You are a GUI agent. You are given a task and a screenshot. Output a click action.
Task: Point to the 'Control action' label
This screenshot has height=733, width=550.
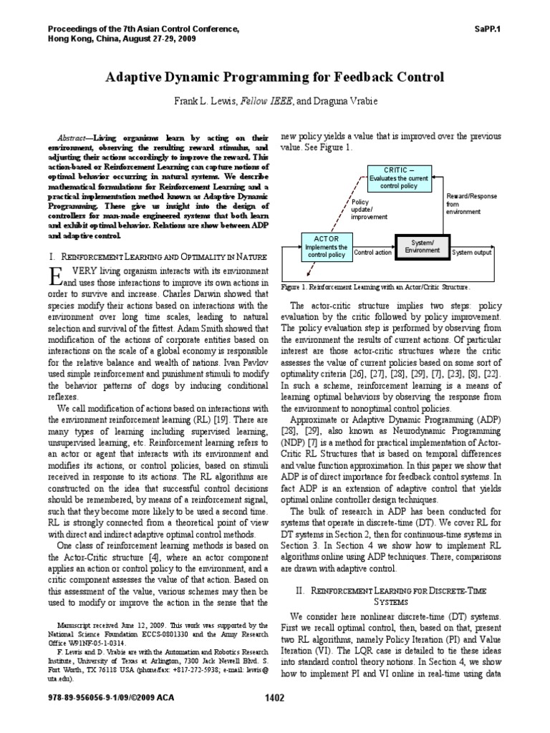point(373,253)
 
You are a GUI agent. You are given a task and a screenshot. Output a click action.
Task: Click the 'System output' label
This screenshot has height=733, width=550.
point(472,252)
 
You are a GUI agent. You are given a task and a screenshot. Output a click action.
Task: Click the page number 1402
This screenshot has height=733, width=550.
point(275,718)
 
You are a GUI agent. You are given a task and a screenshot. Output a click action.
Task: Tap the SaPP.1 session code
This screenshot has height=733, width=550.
point(488,29)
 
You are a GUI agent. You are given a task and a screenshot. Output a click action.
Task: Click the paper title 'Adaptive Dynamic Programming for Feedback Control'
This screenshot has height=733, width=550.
point(275,77)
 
